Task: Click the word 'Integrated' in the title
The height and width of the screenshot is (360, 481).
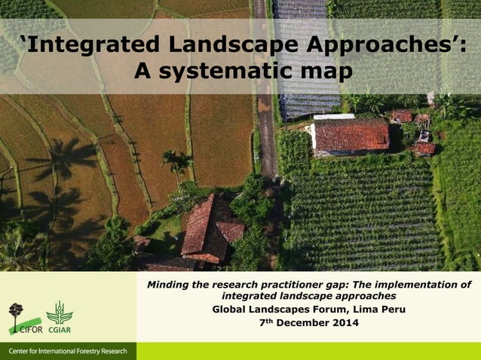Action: [94, 46]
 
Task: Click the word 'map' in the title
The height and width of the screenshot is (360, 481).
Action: [326, 73]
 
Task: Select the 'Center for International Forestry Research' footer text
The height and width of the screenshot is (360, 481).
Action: [68, 352]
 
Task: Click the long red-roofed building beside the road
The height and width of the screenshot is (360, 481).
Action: [351, 136]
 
